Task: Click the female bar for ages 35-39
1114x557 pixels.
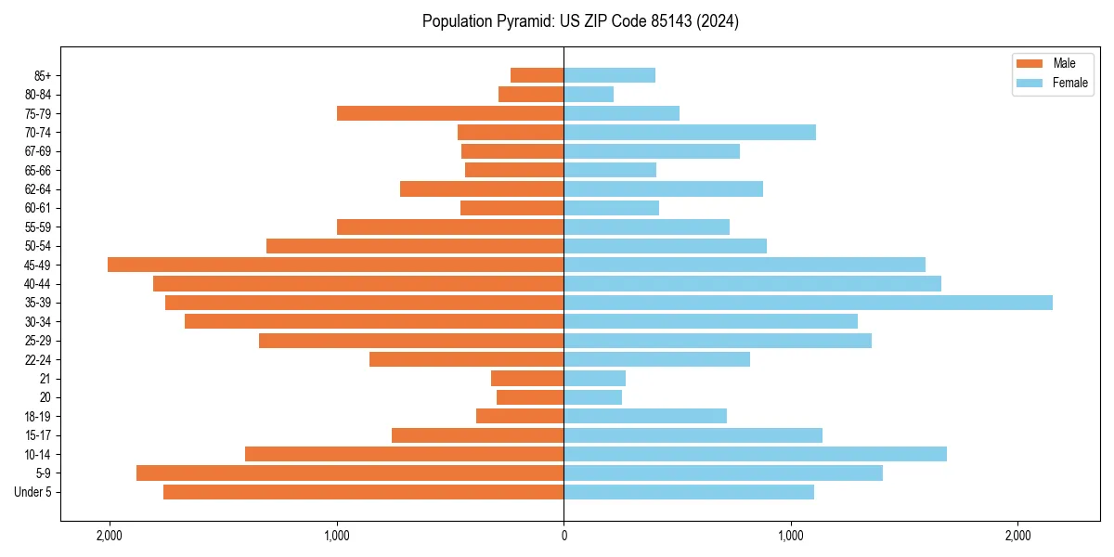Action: coord(808,303)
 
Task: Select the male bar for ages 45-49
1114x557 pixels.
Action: coord(335,265)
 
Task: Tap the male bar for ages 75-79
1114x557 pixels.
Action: coord(450,113)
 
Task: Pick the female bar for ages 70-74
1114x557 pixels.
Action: coord(690,133)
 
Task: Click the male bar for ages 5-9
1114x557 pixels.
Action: coord(350,473)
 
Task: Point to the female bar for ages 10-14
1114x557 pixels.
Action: coord(755,454)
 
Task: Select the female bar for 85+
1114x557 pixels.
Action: coord(609,75)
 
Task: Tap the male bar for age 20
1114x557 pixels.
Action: coord(530,397)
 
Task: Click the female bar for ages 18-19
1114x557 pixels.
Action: coord(645,416)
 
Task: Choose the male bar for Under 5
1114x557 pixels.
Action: coord(363,492)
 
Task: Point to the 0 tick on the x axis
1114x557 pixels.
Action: coord(563,536)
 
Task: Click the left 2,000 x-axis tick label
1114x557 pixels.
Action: coord(110,536)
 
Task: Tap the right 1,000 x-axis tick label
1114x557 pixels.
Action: coord(791,536)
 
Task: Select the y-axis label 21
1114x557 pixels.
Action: coord(45,379)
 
